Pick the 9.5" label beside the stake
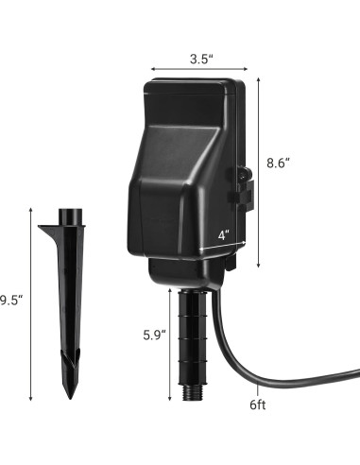click(x=9, y=301)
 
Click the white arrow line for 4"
click(x=218, y=244)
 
